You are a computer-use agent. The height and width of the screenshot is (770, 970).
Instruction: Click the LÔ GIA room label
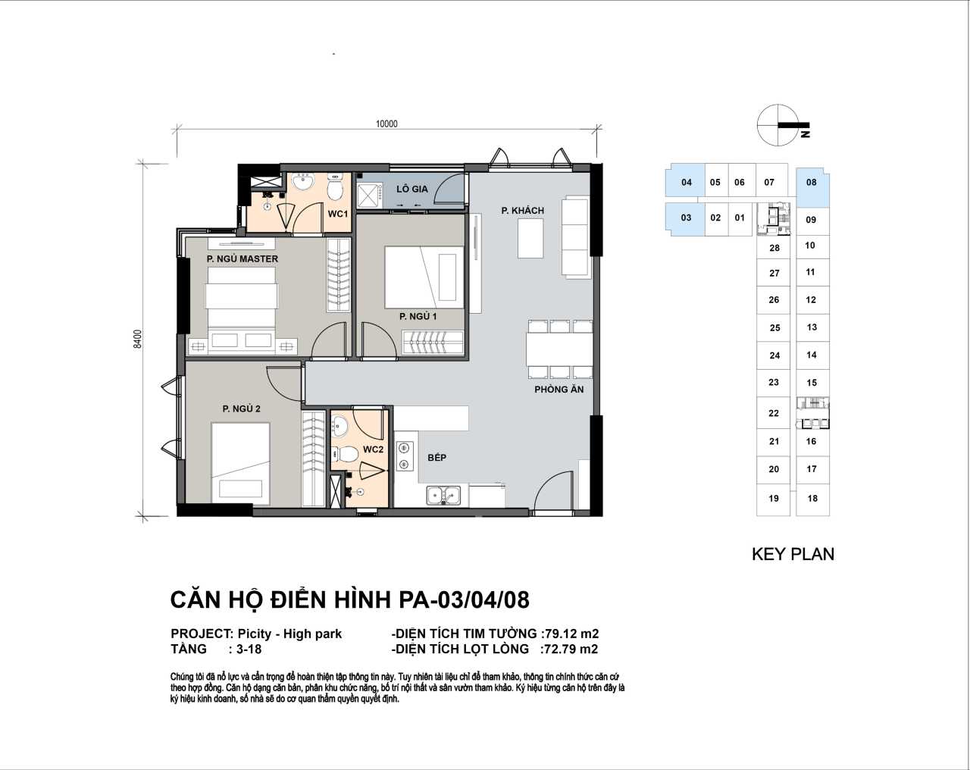[412, 189]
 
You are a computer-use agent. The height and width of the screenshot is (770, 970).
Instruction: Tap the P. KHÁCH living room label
[522, 211]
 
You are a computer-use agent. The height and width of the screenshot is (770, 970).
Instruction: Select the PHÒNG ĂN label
[559, 390]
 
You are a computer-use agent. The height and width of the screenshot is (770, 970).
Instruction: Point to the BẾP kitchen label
[436, 458]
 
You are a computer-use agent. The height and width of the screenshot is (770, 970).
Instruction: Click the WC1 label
[338, 214]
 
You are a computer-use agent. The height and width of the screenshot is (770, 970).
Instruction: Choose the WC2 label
[373, 449]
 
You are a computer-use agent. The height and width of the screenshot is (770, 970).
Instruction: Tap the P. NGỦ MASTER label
[242, 258]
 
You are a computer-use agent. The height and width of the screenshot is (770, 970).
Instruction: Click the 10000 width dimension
[386, 124]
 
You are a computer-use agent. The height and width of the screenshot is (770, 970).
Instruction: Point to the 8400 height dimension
[138, 339]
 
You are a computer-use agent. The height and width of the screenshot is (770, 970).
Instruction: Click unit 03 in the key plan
[686, 218]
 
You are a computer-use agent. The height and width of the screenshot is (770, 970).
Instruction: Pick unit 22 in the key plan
[774, 413]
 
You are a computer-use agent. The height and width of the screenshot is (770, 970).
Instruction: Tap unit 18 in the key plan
[812, 498]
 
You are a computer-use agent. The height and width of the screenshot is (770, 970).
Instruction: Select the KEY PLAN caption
[793, 554]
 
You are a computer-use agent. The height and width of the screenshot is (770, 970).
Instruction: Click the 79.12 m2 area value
[572, 634]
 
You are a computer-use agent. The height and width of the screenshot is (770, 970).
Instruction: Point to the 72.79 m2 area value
[571, 649]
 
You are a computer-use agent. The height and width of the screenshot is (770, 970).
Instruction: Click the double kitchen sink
[443, 495]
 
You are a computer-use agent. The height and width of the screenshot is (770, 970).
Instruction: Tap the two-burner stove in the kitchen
[405, 455]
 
